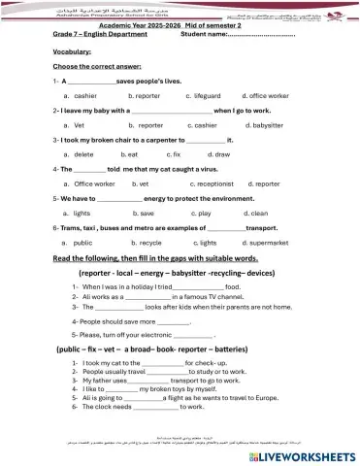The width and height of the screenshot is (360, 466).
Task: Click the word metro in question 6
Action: click(x=127, y=227)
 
